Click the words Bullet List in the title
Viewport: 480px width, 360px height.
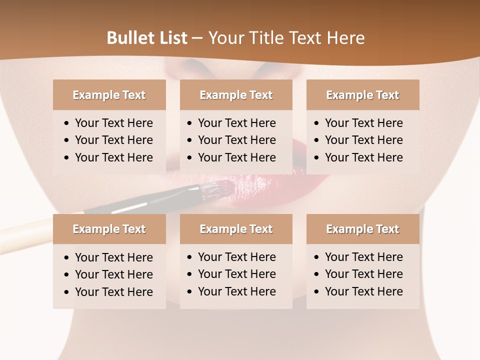pyautogui.click(x=147, y=38)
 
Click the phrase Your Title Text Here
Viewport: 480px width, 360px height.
pyautogui.click(x=286, y=38)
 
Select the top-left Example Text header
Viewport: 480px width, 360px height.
pyautogui.click(x=109, y=95)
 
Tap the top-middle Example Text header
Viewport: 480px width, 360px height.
pyautogui.click(x=236, y=95)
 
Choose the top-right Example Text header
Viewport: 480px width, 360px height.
pyautogui.click(x=362, y=95)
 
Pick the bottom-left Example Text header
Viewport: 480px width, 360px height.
pyautogui.click(x=109, y=229)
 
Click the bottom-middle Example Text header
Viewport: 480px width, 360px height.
pyautogui.click(x=236, y=229)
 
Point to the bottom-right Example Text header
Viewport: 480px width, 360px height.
pyautogui.click(x=362, y=229)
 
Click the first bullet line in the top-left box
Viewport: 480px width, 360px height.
pyautogui.click(x=113, y=123)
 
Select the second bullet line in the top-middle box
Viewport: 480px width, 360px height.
pyautogui.click(x=236, y=140)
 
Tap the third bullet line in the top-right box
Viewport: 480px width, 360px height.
pyautogui.click(x=363, y=157)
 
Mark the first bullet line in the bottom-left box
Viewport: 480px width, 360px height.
pyautogui.click(x=113, y=257)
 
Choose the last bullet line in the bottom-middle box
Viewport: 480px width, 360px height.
pyautogui.click(x=236, y=291)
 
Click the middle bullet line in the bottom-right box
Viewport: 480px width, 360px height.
pyautogui.click(x=363, y=274)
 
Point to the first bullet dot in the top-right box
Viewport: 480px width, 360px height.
pyautogui.click(x=316, y=123)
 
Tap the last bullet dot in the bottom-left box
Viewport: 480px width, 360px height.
pyautogui.click(x=66, y=292)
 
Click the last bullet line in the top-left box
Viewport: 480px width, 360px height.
pyautogui.click(x=113, y=157)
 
